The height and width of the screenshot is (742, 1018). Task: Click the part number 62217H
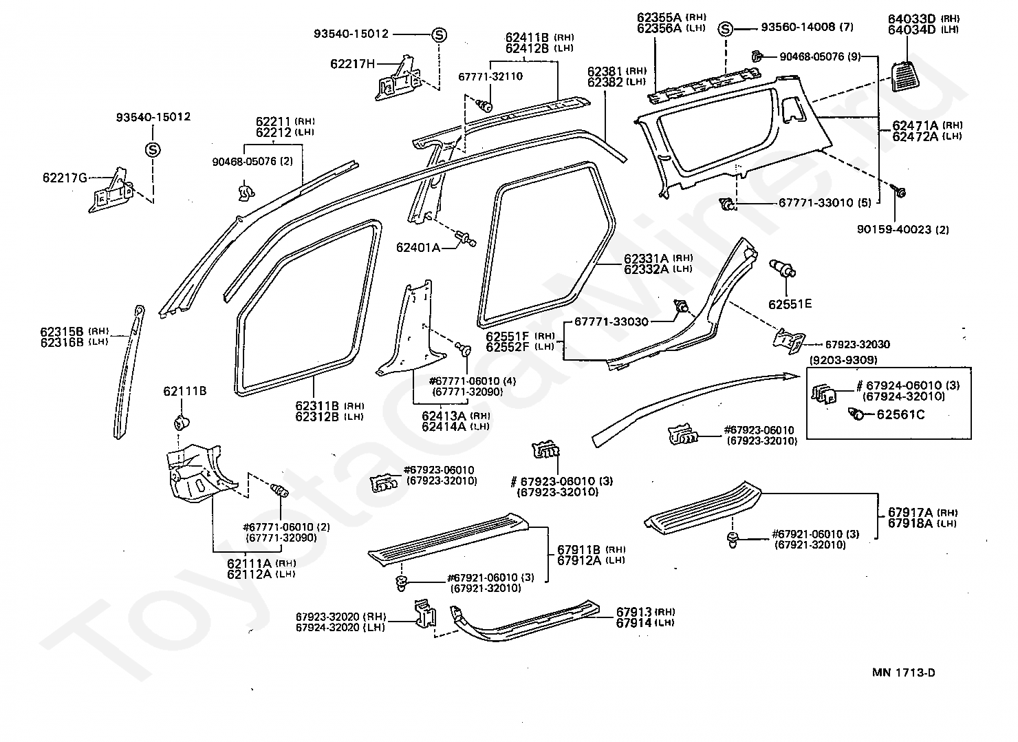353,63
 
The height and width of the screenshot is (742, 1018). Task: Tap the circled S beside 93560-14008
725,29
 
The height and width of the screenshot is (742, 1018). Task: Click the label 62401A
418,248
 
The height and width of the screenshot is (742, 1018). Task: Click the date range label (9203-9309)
843,360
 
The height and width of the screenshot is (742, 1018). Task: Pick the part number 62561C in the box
900,414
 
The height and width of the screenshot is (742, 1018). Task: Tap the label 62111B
185,391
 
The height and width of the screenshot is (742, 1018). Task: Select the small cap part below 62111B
182,423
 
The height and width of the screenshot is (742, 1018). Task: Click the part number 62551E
790,304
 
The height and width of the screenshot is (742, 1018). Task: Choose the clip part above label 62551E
782,268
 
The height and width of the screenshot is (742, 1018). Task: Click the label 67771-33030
611,322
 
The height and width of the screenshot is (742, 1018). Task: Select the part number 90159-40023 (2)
903,230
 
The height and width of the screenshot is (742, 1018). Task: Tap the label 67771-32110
490,76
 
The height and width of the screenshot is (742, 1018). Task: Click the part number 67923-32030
858,344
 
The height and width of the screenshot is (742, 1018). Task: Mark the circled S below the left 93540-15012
153,150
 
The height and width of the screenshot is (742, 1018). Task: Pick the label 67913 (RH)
645,611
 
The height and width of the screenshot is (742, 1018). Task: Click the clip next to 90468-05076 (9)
756,56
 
